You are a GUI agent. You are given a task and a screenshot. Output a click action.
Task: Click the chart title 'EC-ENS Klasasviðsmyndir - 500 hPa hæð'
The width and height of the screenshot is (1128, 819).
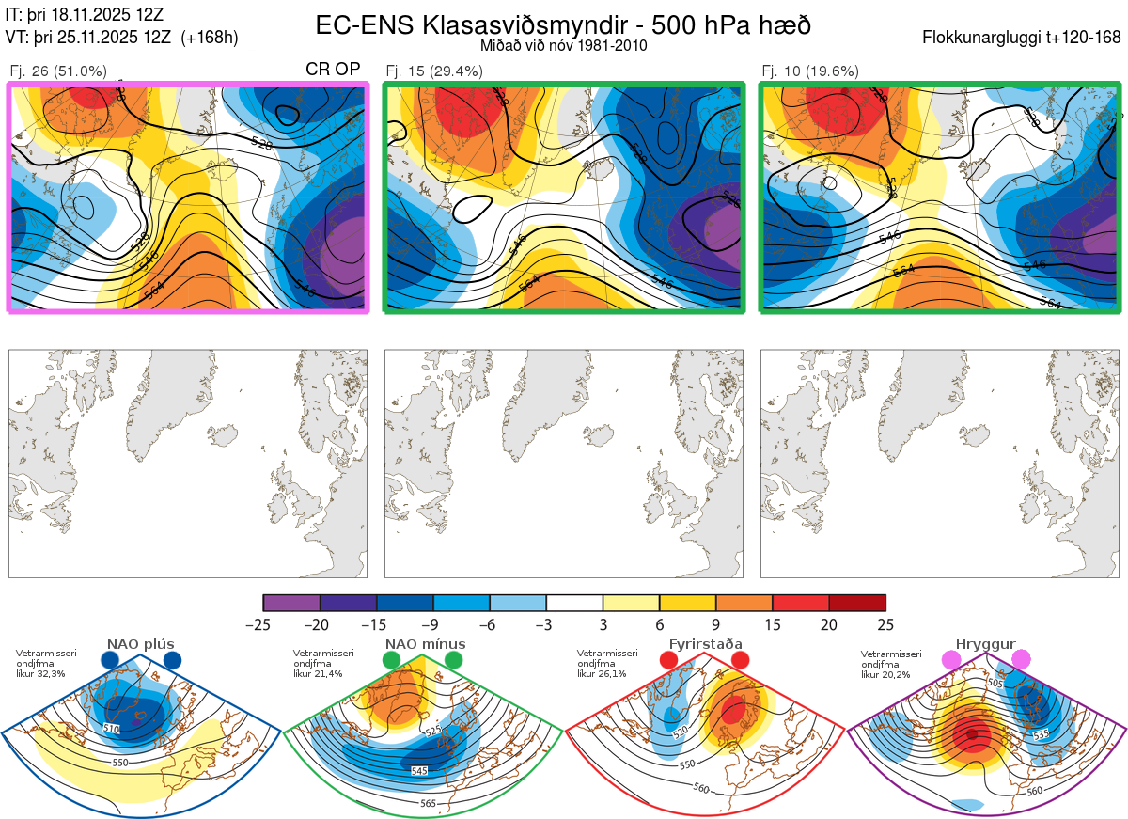tap(563, 24)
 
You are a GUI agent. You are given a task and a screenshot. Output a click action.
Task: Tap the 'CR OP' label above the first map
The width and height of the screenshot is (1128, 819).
tap(334, 70)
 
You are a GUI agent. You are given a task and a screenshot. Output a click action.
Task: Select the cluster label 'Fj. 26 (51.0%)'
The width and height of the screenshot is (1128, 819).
tap(58, 71)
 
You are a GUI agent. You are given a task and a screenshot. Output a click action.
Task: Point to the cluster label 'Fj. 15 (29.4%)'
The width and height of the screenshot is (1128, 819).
tap(434, 71)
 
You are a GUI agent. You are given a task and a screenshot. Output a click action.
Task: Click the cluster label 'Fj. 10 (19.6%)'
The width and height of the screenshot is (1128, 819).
tap(810, 71)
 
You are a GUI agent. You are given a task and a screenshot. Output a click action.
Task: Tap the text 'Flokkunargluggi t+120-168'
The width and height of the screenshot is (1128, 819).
tap(1022, 39)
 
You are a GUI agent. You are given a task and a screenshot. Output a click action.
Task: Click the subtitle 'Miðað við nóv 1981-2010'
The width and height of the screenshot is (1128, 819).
tap(563, 45)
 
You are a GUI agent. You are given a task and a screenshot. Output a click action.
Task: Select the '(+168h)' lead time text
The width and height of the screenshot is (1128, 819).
tap(210, 38)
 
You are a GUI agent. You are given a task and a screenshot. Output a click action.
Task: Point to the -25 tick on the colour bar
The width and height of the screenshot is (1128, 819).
tap(263, 624)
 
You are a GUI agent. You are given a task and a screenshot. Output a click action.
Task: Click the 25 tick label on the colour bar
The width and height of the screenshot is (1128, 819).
tap(885, 624)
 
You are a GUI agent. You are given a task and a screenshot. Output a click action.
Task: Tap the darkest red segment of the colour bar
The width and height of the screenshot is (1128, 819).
tap(856, 603)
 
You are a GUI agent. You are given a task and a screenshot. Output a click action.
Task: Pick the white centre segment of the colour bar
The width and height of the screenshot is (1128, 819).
tap(574, 603)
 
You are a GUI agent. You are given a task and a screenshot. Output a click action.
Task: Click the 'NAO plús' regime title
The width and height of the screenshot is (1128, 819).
tap(140, 644)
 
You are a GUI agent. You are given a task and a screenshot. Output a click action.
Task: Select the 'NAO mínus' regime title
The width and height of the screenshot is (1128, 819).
tap(424, 644)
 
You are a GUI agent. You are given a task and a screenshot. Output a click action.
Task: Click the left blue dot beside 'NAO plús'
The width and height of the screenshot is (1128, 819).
tap(110, 661)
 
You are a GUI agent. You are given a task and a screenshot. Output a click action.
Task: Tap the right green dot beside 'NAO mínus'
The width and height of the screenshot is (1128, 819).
tap(454, 661)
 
